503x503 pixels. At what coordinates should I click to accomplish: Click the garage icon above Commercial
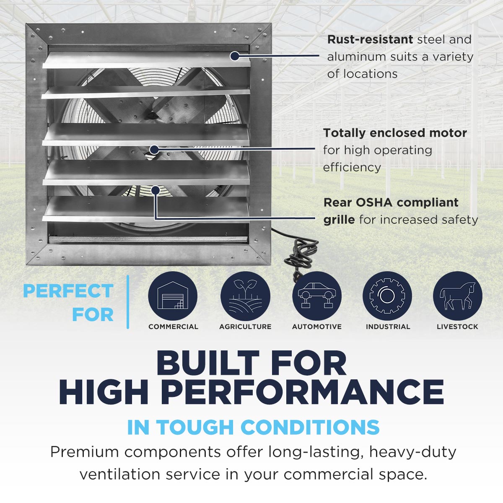(173, 296)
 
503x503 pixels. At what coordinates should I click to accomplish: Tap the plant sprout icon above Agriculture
(245, 296)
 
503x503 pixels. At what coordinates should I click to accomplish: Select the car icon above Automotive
(317, 296)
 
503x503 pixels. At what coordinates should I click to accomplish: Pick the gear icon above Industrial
(387, 296)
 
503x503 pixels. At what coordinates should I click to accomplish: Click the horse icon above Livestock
(457, 296)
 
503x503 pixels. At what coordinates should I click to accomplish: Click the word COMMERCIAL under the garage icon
(173, 327)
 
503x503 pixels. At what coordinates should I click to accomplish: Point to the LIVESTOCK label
(457, 327)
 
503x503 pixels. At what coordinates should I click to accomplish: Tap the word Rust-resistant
(370, 39)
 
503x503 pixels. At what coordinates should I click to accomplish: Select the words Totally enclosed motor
(395, 133)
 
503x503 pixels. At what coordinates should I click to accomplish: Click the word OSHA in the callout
(374, 202)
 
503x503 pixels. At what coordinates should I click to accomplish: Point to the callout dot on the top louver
(235, 56)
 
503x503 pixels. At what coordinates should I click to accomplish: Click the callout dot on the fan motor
(154, 149)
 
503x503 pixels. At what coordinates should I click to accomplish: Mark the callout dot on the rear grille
(156, 190)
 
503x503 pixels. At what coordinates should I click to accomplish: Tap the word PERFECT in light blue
(68, 291)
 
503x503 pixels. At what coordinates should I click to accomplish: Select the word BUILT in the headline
(208, 363)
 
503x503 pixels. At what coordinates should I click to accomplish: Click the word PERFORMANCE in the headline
(302, 392)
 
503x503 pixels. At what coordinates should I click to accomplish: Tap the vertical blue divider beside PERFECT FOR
(127, 302)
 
